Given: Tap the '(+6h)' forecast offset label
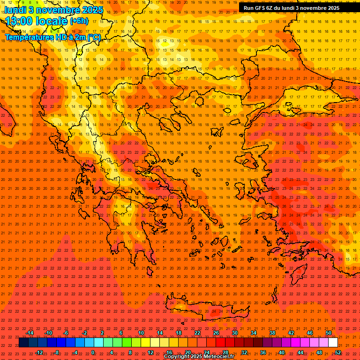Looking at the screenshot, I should click(x=79, y=21).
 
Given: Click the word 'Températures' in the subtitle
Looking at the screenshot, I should click(x=29, y=37).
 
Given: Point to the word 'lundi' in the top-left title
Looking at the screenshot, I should click(x=15, y=9).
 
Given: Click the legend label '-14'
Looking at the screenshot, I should click(x=30, y=333).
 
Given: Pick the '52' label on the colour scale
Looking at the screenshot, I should click(x=338, y=352).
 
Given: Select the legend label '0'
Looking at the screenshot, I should click(x=93, y=352).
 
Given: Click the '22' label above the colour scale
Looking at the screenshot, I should click(x=197, y=333).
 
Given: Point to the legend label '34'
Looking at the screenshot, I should click(x=254, y=333).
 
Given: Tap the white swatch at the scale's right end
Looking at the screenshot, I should click(x=333, y=343).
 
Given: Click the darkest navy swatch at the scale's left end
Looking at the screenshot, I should click(x=23, y=343).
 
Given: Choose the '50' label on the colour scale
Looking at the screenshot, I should click(x=329, y=333).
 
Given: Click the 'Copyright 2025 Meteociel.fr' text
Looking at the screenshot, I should click(x=199, y=357).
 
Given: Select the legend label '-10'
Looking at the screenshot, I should click(x=48, y=333).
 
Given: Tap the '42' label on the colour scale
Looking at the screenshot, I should click(x=291, y=333).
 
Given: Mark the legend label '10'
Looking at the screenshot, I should click(x=141, y=333).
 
